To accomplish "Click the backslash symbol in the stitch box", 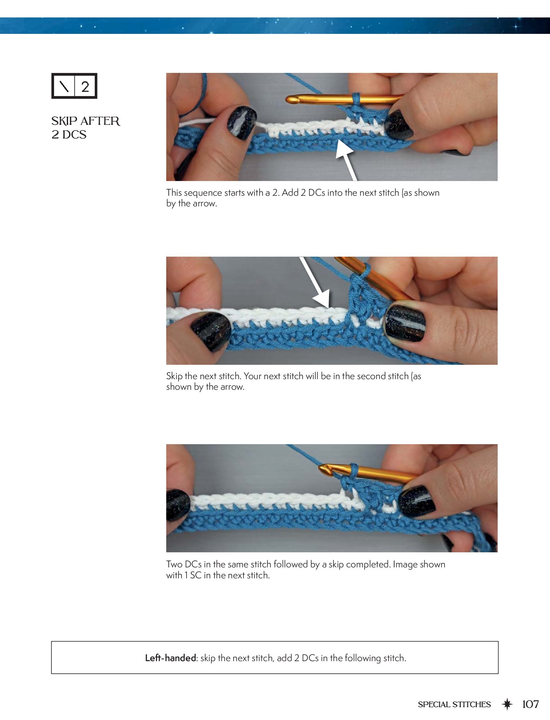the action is coord(64,86).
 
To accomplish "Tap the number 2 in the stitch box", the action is coord(85,86).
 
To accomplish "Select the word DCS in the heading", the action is coord(74,135).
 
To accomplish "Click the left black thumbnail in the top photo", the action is coord(242,123).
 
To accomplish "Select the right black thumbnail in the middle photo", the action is coord(405,323).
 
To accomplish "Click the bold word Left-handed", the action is coord(170,658).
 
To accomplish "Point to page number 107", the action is coord(531,704).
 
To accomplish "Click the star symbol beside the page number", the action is coord(507,704).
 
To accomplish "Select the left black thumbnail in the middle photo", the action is coord(211,331).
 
